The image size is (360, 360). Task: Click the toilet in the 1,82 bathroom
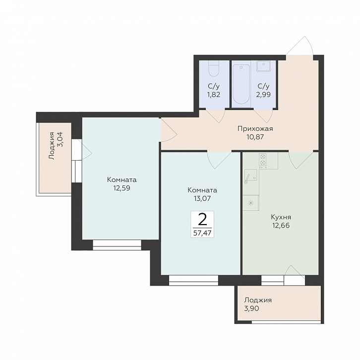tap(214, 68)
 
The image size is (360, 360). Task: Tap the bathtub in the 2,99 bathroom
tap(241, 84)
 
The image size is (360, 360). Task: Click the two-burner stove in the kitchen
tap(262, 160)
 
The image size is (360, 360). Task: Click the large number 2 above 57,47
tap(202, 220)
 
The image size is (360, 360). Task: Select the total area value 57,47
tap(202, 233)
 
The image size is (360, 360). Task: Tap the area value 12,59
tap(121, 188)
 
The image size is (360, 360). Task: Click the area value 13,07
tap(202, 198)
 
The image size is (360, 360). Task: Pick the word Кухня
tap(281, 217)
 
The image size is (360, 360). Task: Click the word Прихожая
tap(255, 128)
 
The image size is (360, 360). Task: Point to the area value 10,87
tap(255, 137)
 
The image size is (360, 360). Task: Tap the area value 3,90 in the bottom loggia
tap(251, 308)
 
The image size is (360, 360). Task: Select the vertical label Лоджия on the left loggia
tap(52, 146)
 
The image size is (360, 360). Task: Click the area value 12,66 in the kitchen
tap(281, 226)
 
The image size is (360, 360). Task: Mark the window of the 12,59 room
tap(117, 245)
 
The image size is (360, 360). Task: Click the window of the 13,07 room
tap(193, 280)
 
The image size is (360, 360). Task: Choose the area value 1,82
tap(214, 95)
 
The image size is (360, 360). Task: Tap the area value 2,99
tap(263, 95)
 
